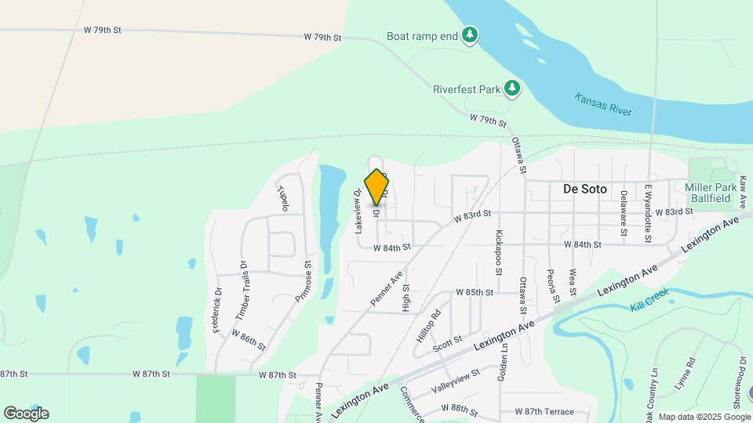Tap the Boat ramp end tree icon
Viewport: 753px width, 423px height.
(x=470, y=34)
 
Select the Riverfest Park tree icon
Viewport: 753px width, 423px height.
(x=512, y=88)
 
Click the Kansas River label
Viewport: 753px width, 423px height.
(x=603, y=104)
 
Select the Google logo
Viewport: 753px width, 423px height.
(x=26, y=413)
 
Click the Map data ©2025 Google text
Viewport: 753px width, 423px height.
(x=704, y=417)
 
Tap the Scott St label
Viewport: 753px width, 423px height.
(x=446, y=342)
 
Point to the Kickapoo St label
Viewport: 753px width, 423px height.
(x=499, y=253)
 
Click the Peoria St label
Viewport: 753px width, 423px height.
(x=555, y=286)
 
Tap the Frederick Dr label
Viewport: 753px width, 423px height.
(x=217, y=309)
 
